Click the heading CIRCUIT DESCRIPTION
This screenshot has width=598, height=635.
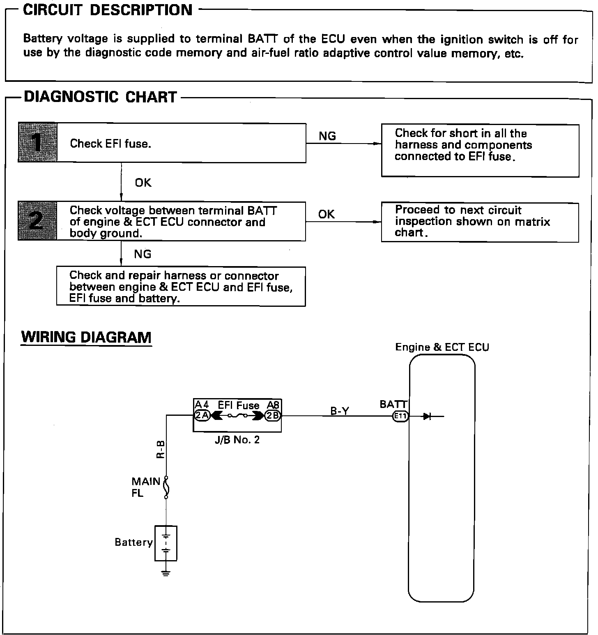click(x=108, y=10)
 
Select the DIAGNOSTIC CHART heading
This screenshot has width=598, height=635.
click(x=100, y=97)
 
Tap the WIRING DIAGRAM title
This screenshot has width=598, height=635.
click(x=86, y=337)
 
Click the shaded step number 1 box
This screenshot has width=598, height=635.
click(x=37, y=143)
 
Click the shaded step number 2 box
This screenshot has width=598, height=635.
click(x=37, y=221)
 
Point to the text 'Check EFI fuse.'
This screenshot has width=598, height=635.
click(x=110, y=144)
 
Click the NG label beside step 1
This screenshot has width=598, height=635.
click(x=327, y=136)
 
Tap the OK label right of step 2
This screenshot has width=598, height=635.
click(x=326, y=214)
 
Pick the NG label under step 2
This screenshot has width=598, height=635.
click(x=143, y=254)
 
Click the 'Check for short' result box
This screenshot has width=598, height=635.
click(x=480, y=151)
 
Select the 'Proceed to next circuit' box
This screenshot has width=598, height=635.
click(x=480, y=222)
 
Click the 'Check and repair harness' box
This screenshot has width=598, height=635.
click(x=181, y=287)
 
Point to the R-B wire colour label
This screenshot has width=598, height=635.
click(x=161, y=449)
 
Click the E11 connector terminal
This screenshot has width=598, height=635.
click(x=400, y=416)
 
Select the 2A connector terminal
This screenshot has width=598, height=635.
click(x=202, y=416)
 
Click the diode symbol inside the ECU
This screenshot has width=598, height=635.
click(x=427, y=416)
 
